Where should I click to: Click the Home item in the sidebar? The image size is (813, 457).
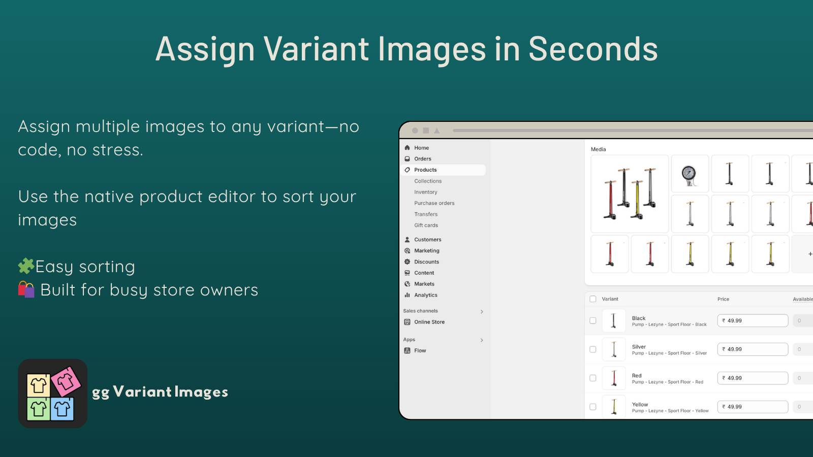(x=421, y=148)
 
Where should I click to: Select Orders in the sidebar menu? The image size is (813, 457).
(x=422, y=159)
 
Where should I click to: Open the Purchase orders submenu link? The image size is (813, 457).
(x=434, y=203)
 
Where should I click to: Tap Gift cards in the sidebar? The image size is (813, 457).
(x=426, y=225)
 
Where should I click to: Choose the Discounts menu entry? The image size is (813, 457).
(x=426, y=262)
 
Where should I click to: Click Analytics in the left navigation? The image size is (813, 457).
(x=425, y=295)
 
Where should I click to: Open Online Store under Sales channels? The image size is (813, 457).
(x=429, y=322)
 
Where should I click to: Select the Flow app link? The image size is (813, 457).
(x=420, y=350)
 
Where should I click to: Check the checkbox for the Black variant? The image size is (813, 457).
(x=592, y=320)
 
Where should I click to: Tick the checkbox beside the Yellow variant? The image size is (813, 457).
(x=592, y=407)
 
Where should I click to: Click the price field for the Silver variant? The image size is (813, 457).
(x=752, y=349)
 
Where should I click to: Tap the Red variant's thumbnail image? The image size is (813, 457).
(x=614, y=378)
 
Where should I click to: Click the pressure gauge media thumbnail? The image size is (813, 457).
(x=690, y=174)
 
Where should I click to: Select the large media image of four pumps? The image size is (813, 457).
(x=630, y=194)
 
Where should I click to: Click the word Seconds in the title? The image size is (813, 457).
(x=592, y=49)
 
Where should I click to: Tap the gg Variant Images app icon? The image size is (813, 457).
(x=53, y=394)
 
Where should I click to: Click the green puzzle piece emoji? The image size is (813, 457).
(x=26, y=266)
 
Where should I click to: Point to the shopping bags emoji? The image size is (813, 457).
(x=26, y=289)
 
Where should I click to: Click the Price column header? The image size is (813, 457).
(x=723, y=299)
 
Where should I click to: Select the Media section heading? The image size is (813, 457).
(x=598, y=149)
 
